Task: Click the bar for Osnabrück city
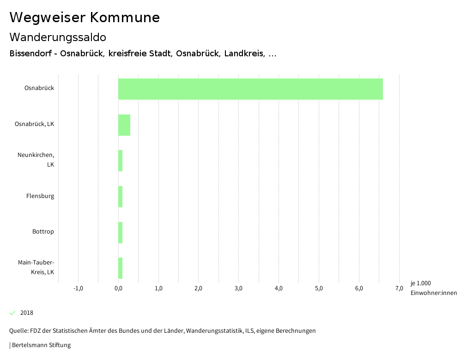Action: click(250, 89)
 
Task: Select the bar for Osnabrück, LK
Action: click(124, 125)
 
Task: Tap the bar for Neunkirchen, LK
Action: click(121, 161)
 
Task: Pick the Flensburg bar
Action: click(121, 197)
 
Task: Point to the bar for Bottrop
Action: click(121, 233)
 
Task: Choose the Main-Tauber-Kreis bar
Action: click(121, 268)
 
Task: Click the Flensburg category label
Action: click(40, 196)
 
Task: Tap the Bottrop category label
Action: click(43, 232)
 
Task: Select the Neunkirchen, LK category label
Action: click(36, 160)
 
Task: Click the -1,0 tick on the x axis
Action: click(78, 289)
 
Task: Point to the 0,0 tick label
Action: click(118, 289)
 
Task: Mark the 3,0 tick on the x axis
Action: click(238, 289)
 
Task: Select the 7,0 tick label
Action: click(399, 289)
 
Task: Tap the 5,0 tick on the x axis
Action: click(319, 289)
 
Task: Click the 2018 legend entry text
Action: click(27, 313)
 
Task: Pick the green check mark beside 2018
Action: click(12, 313)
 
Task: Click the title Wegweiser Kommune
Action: click(85, 18)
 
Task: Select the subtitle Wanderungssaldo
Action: click(58, 37)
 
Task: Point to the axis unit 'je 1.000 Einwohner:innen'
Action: click(433, 288)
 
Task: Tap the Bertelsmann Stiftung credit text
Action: click(41, 345)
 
